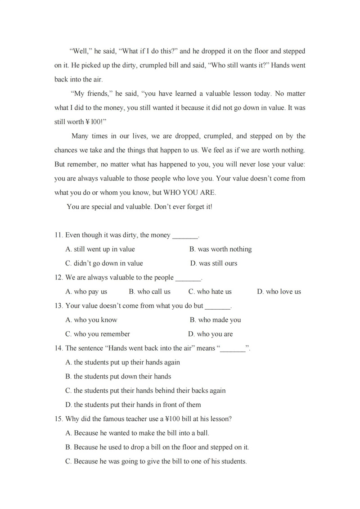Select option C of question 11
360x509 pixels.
[104, 263]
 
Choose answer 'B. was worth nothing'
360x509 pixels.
[220, 249]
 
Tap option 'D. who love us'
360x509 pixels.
[279, 292]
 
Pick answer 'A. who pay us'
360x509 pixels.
[86, 292]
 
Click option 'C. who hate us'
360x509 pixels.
[210, 292]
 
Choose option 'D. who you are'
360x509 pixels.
[211, 334]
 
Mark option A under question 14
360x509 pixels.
[122, 362]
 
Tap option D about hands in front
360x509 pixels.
[133, 405]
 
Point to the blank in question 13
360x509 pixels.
[218, 307]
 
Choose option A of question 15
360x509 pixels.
[137, 433]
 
